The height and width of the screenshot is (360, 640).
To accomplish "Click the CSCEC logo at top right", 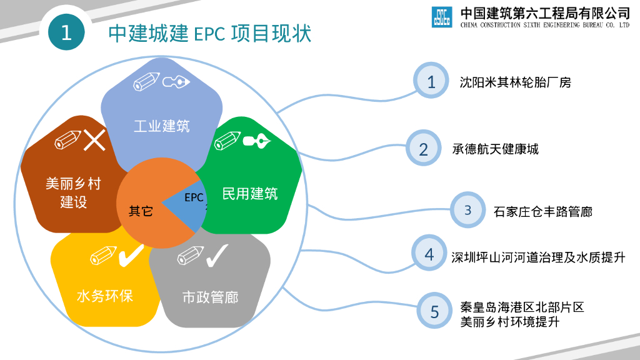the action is pyautogui.click(x=442, y=17).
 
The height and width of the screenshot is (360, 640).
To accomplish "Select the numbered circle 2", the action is pyautogui.click(x=424, y=149).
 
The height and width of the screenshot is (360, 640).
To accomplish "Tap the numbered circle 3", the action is pyautogui.click(x=468, y=210).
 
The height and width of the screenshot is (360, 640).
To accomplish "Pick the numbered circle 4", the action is pyautogui.click(x=429, y=254).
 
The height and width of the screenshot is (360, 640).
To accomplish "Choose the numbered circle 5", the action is pyautogui.click(x=434, y=311).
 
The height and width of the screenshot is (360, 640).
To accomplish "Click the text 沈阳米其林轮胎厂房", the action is pyautogui.click(x=515, y=82).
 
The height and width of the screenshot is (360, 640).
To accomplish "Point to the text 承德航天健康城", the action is pyautogui.click(x=495, y=149).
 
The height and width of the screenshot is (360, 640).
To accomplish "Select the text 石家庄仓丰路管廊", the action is pyautogui.click(x=542, y=211).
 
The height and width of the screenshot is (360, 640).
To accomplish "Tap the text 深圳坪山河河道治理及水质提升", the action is pyautogui.click(x=538, y=257).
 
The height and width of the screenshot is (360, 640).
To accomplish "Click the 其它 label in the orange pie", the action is pyautogui.click(x=141, y=211).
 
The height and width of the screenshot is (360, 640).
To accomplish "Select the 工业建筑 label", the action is pyautogui.click(x=162, y=126).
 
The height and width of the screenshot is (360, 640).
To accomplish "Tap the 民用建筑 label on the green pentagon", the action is pyautogui.click(x=250, y=193).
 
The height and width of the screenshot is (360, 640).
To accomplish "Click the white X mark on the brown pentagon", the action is pyautogui.click(x=94, y=139).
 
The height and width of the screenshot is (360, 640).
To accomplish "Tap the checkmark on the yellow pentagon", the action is pyautogui.click(x=131, y=254).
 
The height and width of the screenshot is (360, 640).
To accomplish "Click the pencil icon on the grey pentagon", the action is pyautogui.click(x=189, y=256).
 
